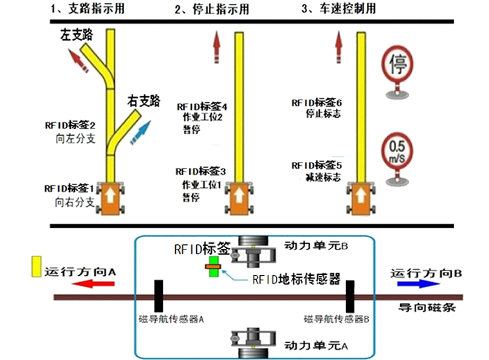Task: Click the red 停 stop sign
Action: coord(398,64)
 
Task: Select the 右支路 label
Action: coord(143,101)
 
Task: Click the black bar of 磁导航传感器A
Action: coord(158,296)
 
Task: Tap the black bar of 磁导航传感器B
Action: coord(351,296)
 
